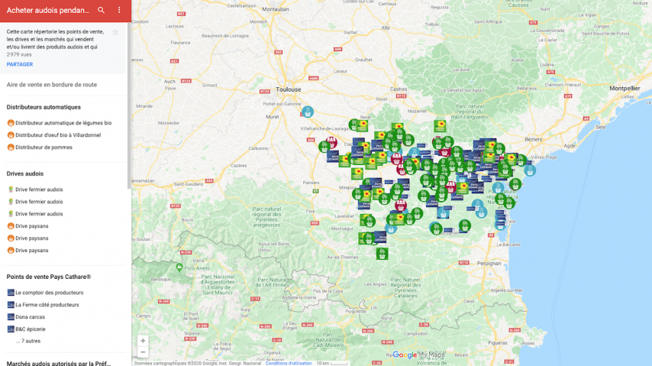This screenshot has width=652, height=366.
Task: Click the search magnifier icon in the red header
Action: (x=102, y=11)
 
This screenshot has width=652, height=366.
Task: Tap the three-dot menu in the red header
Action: (x=119, y=11)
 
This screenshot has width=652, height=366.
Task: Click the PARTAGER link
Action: (x=20, y=64)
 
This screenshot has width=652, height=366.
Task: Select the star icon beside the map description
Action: (x=115, y=32)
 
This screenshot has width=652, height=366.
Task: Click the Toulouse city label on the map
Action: (x=289, y=89)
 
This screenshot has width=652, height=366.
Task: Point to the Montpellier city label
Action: (x=625, y=89)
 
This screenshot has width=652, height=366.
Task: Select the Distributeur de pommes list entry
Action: (x=44, y=147)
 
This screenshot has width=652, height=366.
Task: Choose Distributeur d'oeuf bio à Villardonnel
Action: (x=57, y=135)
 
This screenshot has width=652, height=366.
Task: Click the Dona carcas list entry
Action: (x=31, y=317)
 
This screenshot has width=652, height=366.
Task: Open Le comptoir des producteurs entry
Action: (x=49, y=293)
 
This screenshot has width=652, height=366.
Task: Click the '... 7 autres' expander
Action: (x=28, y=341)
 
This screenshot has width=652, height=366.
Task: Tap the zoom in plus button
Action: (x=143, y=341)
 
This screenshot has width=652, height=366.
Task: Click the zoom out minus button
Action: (x=143, y=352)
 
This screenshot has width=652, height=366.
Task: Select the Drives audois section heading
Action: (x=25, y=173)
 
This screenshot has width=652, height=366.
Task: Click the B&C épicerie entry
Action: (x=31, y=329)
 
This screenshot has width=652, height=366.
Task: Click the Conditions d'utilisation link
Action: (x=289, y=363)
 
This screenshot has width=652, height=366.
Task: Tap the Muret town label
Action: (x=273, y=117)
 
